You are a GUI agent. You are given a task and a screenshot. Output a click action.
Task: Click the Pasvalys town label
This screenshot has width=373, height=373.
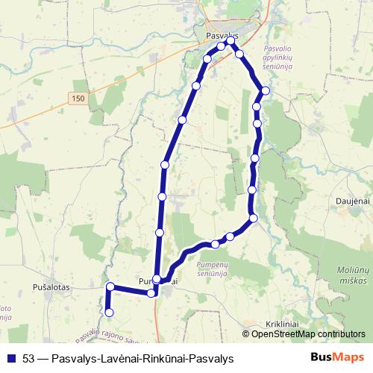point(221,35)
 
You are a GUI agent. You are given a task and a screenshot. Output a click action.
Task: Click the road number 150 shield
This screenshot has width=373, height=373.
point(80,98)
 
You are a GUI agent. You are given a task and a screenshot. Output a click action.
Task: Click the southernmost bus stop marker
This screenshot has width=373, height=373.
point(110,312)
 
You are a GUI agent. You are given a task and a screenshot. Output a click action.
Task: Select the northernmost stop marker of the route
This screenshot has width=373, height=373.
point(231,42)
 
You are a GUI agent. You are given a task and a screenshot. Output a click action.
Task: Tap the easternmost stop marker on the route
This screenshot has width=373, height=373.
point(266,90)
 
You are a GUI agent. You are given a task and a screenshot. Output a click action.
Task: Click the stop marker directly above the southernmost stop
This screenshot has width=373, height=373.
point(110,287)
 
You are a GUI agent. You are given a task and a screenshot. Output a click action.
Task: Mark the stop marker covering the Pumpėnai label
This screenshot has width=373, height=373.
point(157,279)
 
